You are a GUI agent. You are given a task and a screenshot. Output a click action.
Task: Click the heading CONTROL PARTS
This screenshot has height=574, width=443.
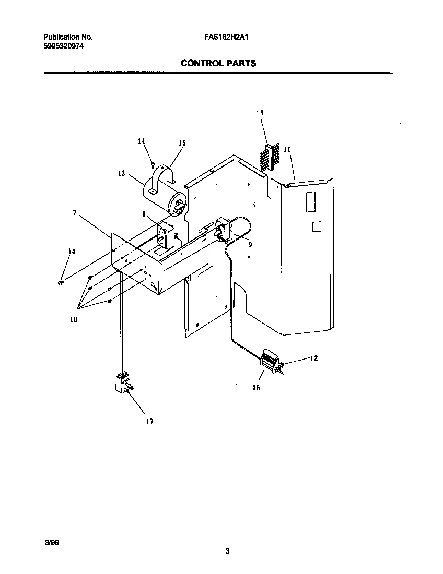(x=218, y=64)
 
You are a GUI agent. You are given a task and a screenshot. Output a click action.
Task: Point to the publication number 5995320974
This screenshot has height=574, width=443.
(x=63, y=46)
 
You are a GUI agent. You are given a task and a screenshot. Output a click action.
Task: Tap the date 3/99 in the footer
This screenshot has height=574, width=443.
(x=52, y=543)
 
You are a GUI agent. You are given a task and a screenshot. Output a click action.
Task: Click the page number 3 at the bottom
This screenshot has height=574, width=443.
(x=227, y=551)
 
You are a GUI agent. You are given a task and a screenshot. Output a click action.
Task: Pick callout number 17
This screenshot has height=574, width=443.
(x=149, y=422)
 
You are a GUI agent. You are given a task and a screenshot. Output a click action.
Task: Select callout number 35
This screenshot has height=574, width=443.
(x=255, y=388)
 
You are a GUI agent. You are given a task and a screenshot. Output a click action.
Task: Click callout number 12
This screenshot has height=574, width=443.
(x=313, y=358)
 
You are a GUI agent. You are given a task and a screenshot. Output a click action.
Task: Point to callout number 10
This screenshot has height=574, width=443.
(x=287, y=149)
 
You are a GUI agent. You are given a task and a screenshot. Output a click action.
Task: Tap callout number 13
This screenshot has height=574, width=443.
(x=121, y=173)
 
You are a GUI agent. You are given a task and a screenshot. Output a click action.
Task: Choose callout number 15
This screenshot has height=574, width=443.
(x=182, y=143)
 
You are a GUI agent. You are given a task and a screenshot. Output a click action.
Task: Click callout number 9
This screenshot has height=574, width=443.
(x=250, y=243)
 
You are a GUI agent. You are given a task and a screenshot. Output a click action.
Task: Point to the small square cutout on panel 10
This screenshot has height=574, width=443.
(x=316, y=226)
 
